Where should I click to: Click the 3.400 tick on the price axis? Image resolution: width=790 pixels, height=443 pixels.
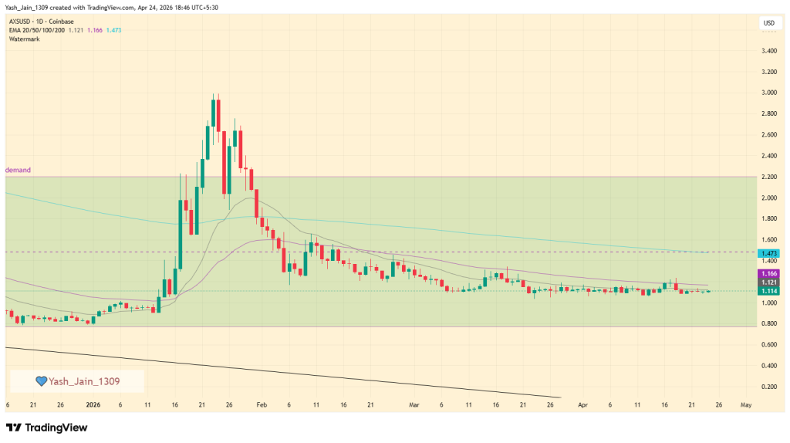[768, 51]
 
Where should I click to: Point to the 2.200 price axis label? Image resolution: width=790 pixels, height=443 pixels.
[768, 177]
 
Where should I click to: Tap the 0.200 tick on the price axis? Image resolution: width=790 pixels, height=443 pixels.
[768, 387]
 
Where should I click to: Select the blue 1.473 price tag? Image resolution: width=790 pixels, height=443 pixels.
[768, 253]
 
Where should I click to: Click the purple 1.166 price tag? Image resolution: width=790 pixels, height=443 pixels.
[768, 273]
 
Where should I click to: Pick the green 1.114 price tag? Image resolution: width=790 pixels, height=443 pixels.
[768, 291]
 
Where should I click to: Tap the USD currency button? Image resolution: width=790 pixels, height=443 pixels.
[768, 23]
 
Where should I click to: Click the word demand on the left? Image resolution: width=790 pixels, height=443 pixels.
[19, 169]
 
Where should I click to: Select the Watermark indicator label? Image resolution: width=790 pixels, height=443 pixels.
[25, 39]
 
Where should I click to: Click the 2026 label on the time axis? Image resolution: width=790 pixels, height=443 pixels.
[93, 404]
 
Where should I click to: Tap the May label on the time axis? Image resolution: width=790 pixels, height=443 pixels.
[745, 404]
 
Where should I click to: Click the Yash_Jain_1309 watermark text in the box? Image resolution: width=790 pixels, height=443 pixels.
[84, 380]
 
